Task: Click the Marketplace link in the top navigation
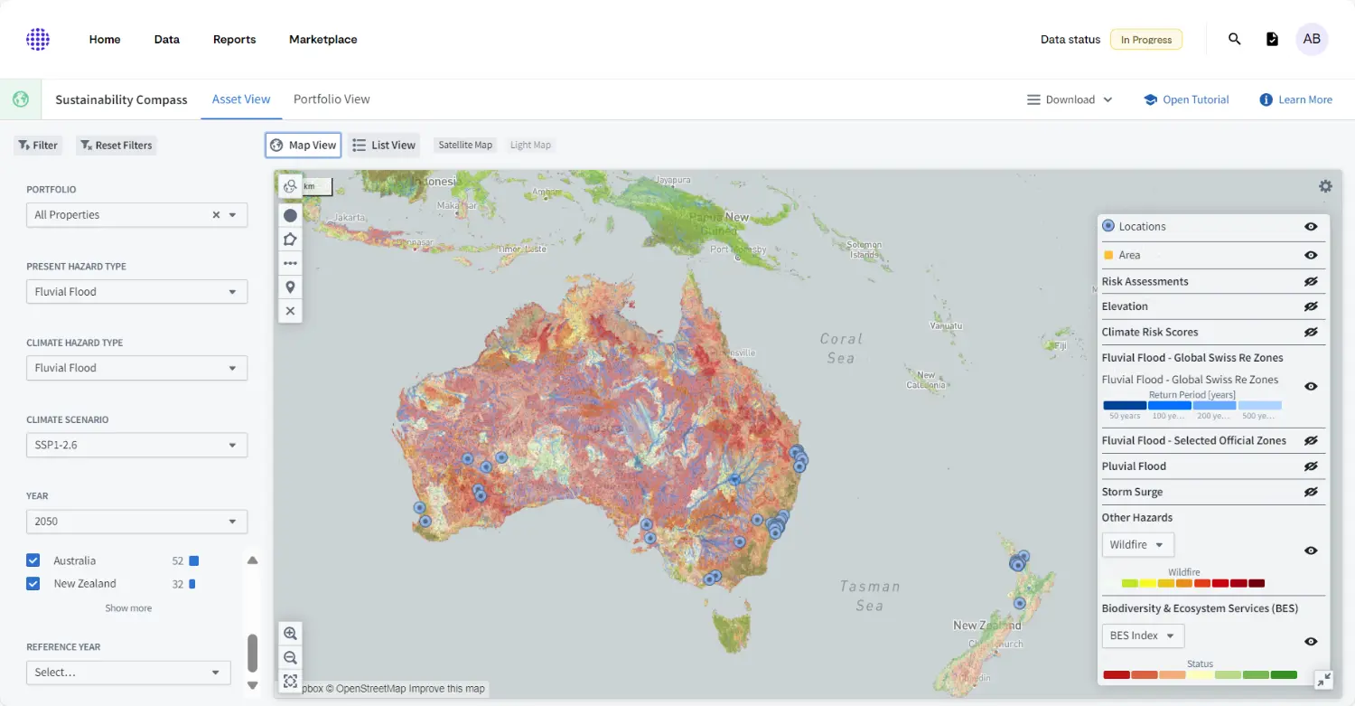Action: click(322, 40)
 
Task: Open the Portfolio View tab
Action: click(332, 99)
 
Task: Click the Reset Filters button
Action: click(116, 146)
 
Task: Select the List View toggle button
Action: click(384, 146)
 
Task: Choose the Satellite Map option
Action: click(465, 146)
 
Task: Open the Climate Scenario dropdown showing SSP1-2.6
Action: click(136, 445)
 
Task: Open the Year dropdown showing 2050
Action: click(136, 522)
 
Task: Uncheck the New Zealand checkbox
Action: click(33, 584)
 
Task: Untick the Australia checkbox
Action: click(33, 561)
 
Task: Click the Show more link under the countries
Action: click(128, 608)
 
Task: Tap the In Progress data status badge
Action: click(1145, 40)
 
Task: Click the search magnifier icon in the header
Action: click(1235, 40)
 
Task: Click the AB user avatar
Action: click(1312, 40)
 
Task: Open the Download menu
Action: click(1070, 100)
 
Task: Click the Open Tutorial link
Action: click(1186, 100)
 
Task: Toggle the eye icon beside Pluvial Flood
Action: click(1311, 466)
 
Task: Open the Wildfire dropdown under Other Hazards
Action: click(1137, 545)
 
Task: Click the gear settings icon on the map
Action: click(1325, 186)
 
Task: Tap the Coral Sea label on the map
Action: click(840, 348)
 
